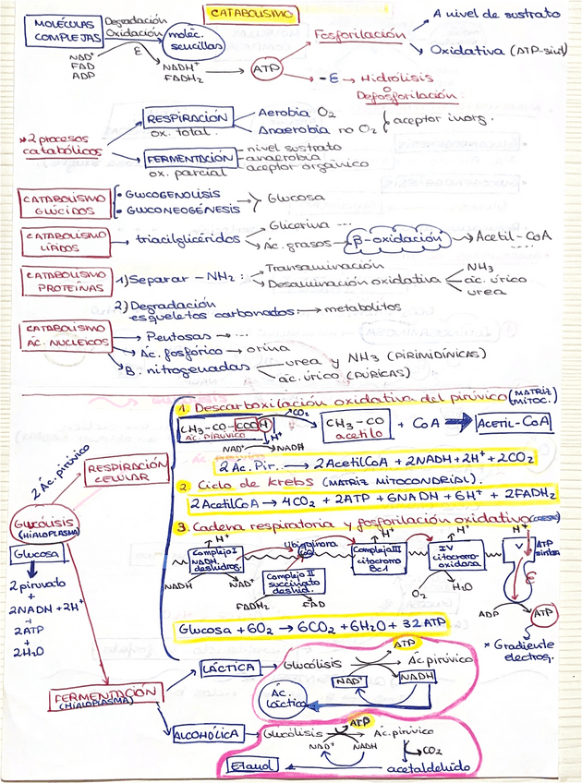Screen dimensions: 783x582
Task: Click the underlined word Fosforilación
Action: [x=359, y=34]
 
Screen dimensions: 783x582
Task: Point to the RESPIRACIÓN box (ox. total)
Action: [x=186, y=118]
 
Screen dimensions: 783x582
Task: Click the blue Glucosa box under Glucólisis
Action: [x=37, y=554]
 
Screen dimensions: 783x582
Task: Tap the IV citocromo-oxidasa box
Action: [x=453, y=560]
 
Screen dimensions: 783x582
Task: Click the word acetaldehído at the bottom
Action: [x=430, y=766]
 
